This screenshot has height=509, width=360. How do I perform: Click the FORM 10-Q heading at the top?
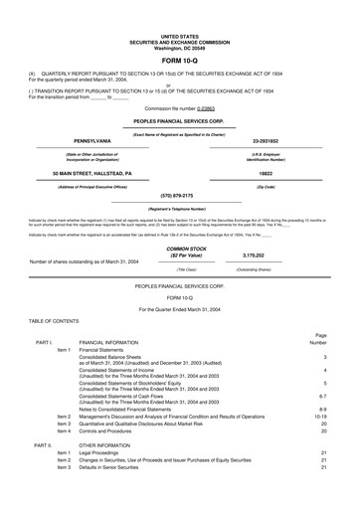pyautogui.click(x=179, y=33)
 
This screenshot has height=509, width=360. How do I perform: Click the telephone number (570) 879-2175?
pyautogui.click(x=179, y=167)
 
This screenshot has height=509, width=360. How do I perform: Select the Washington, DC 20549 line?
pyautogui.click(x=179, y=20)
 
